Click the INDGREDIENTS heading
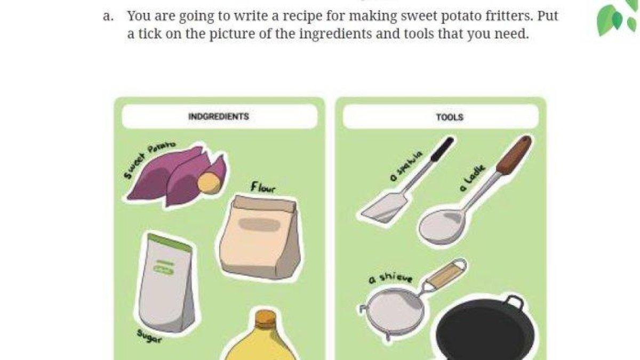tap(219, 116)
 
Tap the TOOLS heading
tap(450, 117)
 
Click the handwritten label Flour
tap(263, 187)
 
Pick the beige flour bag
tap(259, 237)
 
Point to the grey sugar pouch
tap(166, 283)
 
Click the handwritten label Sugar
tap(149, 336)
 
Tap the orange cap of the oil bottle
tap(266, 318)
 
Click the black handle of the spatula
tap(442, 149)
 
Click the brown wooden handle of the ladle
tap(514, 155)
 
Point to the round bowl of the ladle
tap(441, 226)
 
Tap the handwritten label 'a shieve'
tap(390, 278)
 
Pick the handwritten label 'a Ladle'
tap(473, 178)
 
